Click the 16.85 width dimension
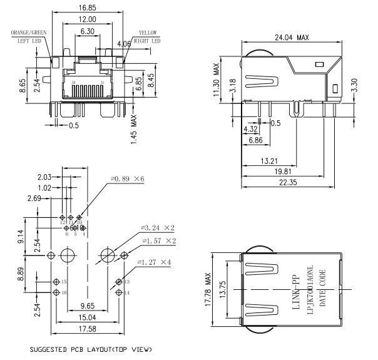point(88,9)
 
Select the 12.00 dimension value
point(87,19)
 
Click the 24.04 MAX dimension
point(292,37)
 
